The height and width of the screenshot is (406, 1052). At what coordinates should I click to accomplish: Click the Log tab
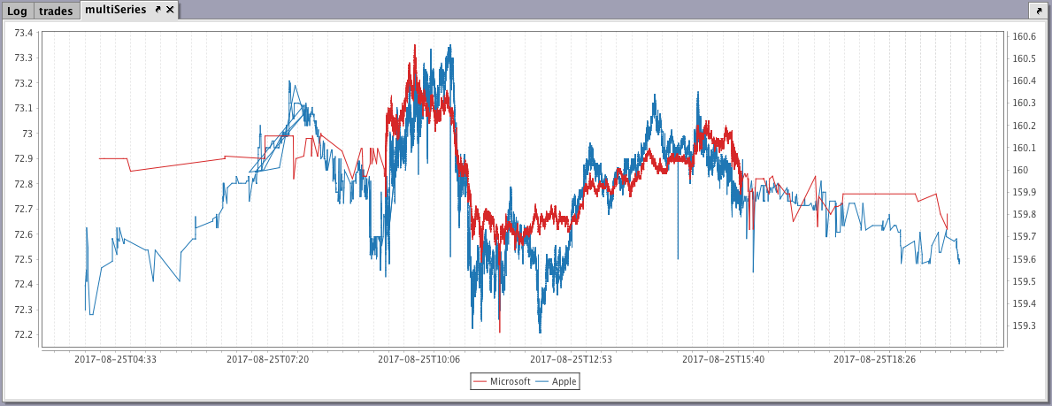coord(18,11)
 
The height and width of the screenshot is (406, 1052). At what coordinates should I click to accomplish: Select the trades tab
coord(56,11)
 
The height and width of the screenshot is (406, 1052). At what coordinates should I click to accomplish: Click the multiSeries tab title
coord(115,10)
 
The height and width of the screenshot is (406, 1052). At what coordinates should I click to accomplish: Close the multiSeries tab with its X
coord(171,10)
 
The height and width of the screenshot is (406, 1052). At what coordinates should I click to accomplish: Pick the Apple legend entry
coord(564,381)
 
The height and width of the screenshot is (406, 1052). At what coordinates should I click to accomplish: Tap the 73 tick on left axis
coord(27,134)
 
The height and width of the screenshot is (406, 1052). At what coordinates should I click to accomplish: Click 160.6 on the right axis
coord(1025,36)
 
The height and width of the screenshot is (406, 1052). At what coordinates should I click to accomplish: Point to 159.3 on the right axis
coord(1025,326)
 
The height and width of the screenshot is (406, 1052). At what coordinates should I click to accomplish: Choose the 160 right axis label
coord(1020,170)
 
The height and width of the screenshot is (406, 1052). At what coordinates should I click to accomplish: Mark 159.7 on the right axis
coord(1025,236)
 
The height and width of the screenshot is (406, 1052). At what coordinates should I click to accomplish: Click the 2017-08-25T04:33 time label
coord(115,359)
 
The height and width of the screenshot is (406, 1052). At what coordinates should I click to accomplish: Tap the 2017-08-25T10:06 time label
coord(419,359)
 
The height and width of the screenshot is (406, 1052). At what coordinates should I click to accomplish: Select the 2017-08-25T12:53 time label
coord(572,359)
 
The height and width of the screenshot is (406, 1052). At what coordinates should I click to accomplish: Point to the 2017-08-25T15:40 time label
coord(724,359)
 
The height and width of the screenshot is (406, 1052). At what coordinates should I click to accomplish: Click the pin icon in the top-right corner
coord(1036,10)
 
